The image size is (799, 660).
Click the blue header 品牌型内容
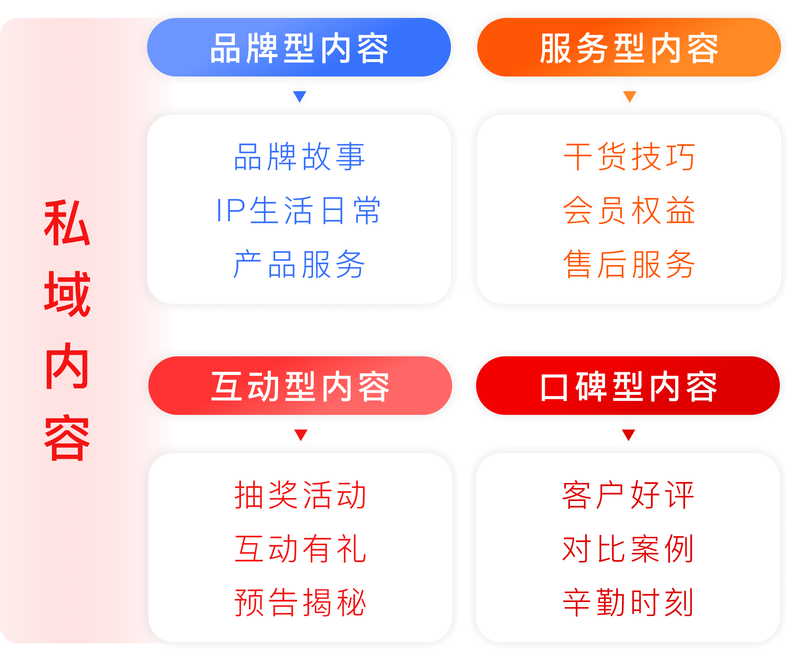point(299,47)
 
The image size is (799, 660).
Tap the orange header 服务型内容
point(629,47)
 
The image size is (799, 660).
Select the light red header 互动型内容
point(300,386)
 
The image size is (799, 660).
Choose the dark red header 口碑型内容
point(628,386)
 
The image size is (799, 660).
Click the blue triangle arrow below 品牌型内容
point(300,96)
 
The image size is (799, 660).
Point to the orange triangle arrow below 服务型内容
point(630,96)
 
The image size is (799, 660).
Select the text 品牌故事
point(299,157)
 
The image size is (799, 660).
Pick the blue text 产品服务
point(299,264)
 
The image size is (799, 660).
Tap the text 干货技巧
point(629,157)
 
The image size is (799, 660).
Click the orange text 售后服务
point(629,264)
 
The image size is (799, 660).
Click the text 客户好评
point(628,495)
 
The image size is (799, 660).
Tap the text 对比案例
point(628,549)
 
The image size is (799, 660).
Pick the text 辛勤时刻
point(628,603)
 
